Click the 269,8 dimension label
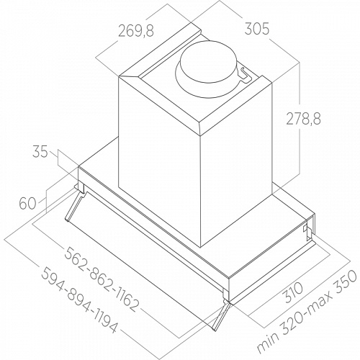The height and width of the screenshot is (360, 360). [x=136, y=31]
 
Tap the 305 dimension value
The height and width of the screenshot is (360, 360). [x=257, y=30]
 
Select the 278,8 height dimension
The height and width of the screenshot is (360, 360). [x=303, y=118]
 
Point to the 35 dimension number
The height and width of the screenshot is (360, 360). [x=40, y=152]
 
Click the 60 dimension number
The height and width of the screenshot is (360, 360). [x=27, y=203]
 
